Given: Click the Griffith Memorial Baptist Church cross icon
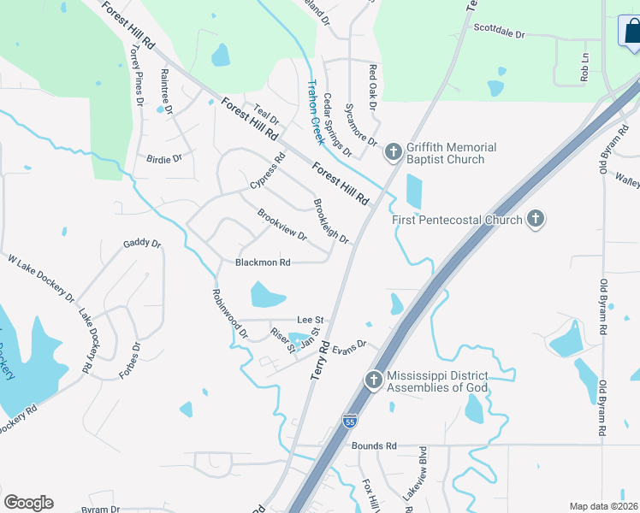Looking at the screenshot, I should tap(393, 152).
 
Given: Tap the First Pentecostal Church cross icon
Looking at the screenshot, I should tap(535, 220).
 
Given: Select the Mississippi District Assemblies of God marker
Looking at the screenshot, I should tap(373, 381).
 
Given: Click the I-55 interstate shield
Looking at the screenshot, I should tap(349, 421).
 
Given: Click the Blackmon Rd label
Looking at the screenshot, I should tap(263, 262).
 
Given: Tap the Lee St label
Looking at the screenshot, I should tap(308, 318).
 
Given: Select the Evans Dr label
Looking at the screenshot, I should tap(349, 347).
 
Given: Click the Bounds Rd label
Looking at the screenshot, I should tap(374, 445).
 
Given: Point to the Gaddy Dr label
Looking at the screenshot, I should tap(142, 244).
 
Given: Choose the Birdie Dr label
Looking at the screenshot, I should tap(164, 158).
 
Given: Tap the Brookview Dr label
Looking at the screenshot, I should tap(281, 225).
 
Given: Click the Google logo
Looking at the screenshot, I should tap(28, 503).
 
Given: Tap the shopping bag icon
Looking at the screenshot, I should tap(630, 31).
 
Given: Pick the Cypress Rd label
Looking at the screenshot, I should tap(267, 172).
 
